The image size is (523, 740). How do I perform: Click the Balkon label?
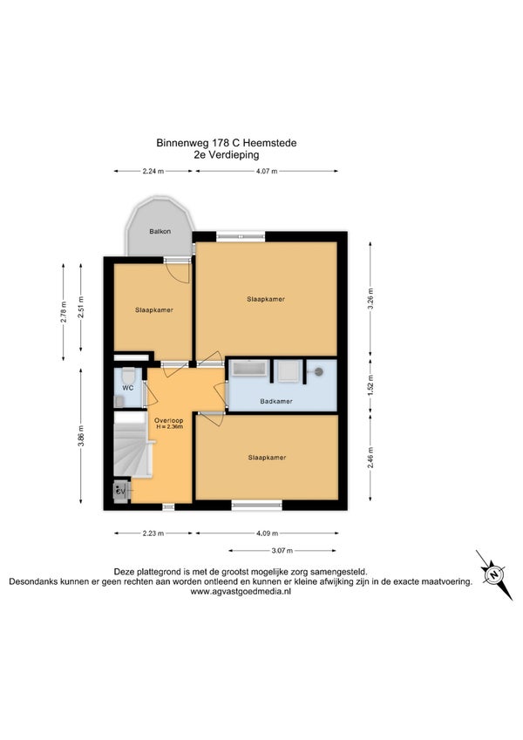coord(160,231)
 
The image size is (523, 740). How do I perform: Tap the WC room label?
coord(128,388)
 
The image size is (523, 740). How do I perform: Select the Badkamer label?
coord(276,401)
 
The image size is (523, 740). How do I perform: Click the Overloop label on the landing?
coord(169,420)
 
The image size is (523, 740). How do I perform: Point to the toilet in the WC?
coord(128,377)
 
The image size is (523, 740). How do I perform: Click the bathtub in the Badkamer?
coord(248,369)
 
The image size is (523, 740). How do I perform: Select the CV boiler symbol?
coord(121,492)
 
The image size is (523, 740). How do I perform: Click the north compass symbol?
coord(493,574)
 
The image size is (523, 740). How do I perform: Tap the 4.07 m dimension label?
coord(267,172)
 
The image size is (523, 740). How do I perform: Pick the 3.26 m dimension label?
coord(370,298)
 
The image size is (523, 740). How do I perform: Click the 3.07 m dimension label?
coord(282,550)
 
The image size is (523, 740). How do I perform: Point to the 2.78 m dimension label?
coord(64,312)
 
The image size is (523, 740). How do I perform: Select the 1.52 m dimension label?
coord(370,385)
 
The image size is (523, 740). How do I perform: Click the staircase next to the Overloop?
coord(132,445)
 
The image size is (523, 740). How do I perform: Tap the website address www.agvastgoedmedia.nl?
coord(241,591)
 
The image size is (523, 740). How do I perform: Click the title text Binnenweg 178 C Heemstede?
coord(227,143)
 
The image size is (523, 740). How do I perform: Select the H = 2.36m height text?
coord(169,426)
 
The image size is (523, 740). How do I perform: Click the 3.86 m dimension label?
coord(81,436)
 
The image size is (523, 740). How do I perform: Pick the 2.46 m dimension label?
coord(370,458)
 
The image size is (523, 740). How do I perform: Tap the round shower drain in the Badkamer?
coord(319,371)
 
